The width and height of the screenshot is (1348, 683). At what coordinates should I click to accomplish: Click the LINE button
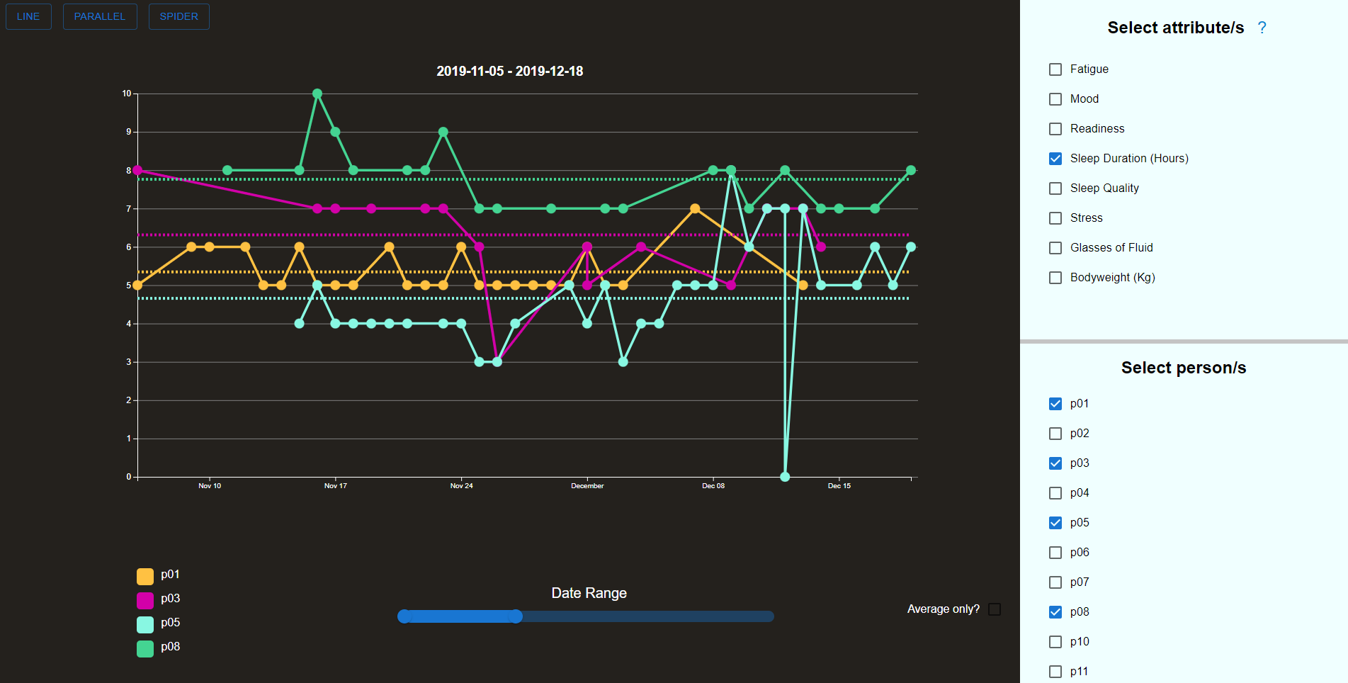[x=28, y=16]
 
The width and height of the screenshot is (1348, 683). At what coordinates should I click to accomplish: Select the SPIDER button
[x=179, y=16]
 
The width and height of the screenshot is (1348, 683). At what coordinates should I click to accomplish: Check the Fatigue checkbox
[x=1055, y=69]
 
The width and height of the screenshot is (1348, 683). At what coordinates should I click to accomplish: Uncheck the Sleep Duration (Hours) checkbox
[x=1055, y=159]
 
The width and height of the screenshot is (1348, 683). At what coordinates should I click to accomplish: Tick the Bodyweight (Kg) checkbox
[x=1055, y=278]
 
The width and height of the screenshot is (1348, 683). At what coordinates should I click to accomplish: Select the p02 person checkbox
[x=1055, y=434]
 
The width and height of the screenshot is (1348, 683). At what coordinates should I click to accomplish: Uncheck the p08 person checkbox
[x=1055, y=612]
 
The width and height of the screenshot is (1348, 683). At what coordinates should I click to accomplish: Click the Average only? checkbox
[x=995, y=609]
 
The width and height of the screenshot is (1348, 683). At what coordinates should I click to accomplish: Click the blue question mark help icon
[x=1262, y=28]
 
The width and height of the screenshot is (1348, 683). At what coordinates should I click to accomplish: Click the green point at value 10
[x=317, y=94]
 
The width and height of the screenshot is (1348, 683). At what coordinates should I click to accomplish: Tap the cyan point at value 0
[x=785, y=477]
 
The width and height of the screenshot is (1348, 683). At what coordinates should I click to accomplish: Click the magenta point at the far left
[x=137, y=170]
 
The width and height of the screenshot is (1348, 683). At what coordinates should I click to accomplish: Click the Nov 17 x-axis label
[x=336, y=486]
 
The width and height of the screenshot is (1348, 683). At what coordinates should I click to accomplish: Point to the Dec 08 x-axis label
[x=713, y=486]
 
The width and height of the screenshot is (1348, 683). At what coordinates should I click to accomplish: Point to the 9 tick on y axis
[x=129, y=132]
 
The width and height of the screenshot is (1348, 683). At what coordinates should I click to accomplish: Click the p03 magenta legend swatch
[x=145, y=601]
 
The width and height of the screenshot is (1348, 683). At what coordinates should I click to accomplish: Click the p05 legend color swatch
[x=145, y=625]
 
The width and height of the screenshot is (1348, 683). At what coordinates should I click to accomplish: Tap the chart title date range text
[x=510, y=71]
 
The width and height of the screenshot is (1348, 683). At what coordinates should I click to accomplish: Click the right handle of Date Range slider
[x=516, y=616]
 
